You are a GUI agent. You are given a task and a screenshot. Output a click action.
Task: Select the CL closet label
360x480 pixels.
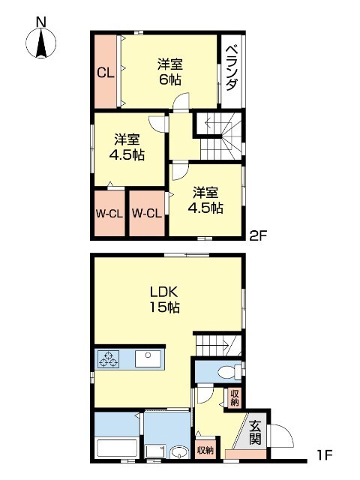click(x=105, y=73)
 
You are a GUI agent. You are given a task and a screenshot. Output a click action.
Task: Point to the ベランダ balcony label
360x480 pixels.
click(x=232, y=67)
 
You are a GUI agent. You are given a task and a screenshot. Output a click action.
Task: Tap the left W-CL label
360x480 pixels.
click(x=109, y=214)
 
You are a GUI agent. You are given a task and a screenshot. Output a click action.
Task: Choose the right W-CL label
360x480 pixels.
click(x=147, y=214)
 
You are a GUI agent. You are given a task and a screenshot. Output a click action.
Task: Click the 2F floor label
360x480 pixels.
click(x=257, y=235)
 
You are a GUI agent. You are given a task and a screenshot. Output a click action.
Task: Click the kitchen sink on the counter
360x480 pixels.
click(x=149, y=360)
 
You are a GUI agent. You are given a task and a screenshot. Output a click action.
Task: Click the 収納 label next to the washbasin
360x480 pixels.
click(x=205, y=451)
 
